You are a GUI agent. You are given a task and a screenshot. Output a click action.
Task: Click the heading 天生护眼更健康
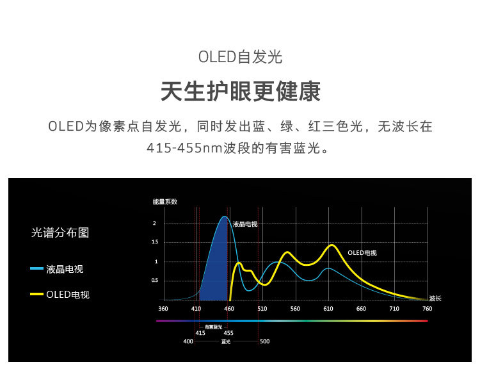pyautogui.click(x=240, y=92)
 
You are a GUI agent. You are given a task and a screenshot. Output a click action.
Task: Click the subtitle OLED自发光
pyautogui.click(x=240, y=57)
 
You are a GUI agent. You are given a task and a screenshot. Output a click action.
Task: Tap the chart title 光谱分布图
pyautogui.click(x=60, y=233)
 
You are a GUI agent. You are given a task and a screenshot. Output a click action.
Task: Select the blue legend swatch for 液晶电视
pyautogui.click(x=36, y=269)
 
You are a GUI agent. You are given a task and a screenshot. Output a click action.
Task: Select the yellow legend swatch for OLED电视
pyautogui.click(x=36, y=294)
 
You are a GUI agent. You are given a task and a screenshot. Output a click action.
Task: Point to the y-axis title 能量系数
pyautogui.click(x=165, y=202)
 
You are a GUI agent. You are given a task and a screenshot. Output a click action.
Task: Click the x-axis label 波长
pyautogui.click(x=435, y=298)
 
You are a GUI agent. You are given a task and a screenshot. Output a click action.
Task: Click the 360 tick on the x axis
pyautogui.click(x=163, y=309)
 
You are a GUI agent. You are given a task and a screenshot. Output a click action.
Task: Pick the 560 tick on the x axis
pyautogui.click(x=295, y=309)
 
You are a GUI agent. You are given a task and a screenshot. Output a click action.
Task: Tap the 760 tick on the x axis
pyautogui.click(x=427, y=309)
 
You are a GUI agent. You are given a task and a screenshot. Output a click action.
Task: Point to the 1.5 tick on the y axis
pyautogui.click(x=155, y=242)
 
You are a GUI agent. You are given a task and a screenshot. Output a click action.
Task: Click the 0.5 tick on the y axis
pyautogui.click(x=155, y=281)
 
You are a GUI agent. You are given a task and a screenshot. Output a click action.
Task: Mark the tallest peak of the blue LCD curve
pyautogui.click(x=225, y=217)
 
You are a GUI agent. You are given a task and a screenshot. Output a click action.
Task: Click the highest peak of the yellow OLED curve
pyautogui.click(x=332, y=245)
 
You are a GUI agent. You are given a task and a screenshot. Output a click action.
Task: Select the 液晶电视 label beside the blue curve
pyautogui.click(x=245, y=224)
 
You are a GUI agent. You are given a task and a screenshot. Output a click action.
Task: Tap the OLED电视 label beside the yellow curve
pyautogui.click(x=362, y=253)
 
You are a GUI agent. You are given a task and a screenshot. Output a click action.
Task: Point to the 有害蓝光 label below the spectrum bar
pyautogui.click(x=213, y=327)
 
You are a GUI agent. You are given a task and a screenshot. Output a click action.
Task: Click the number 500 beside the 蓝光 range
pyautogui.click(x=265, y=341)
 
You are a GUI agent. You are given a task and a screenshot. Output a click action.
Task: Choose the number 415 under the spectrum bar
pyautogui.click(x=200, y=333)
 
